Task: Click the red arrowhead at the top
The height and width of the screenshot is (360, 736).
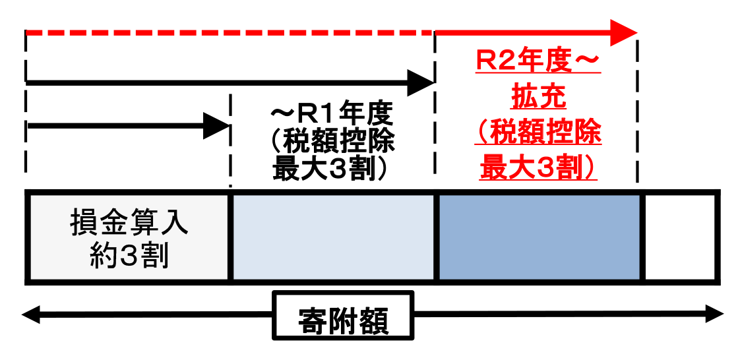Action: pos(623,32)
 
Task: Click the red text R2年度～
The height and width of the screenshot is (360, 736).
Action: pos(539,64)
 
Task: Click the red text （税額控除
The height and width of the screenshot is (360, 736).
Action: pos(539,133)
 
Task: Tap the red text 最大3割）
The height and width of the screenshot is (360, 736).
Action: pos(539,167)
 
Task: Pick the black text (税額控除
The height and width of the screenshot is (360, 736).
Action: pos(332,143)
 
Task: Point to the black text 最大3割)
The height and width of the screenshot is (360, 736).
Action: pos(332,169)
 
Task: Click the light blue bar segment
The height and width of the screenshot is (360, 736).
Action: pos(333,238)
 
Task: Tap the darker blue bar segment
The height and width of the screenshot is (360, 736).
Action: pos(539,238)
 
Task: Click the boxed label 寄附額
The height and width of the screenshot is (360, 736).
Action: pos(343,316)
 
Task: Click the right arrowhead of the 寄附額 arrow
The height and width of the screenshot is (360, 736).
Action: pos(715,315)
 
